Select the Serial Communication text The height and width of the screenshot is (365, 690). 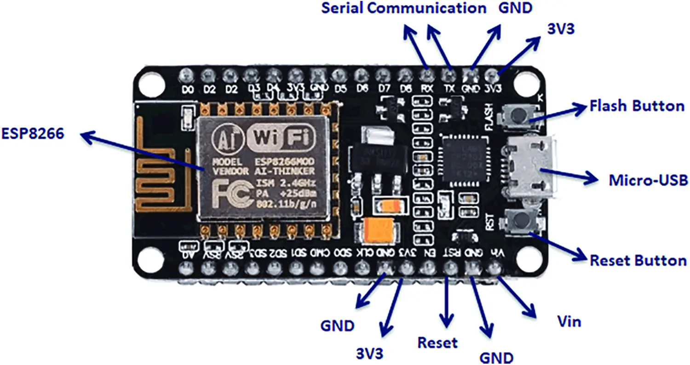pyautogui.click(x=403, y=8)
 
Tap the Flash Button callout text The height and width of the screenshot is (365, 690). pyautogui.click(x=637, y=106)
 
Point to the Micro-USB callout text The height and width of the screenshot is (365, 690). pyautogui.click(x=648, y=180)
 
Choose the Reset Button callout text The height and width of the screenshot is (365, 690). pyautogui.click(x=638, y=260)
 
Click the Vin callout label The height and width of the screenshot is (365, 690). pyautogui.click(x=569, y=321)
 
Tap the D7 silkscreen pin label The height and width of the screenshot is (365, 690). pyautogui.click(x=382, y=89)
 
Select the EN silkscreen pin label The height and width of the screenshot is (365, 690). pyautogui.click(x=428, y=252)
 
